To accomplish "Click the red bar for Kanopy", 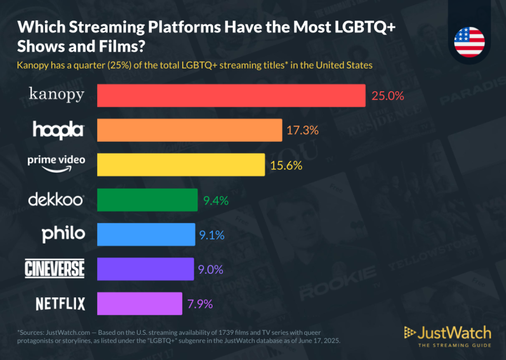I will pos(231,95).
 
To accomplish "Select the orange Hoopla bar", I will pos(190,130).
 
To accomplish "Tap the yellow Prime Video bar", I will pos(181,165).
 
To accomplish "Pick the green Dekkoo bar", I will pos(147,200).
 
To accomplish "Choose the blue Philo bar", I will pos(146,235).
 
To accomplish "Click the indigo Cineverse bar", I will pos(145,269).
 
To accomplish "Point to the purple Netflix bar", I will pos(140,304).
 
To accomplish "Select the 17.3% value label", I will pos(302,131).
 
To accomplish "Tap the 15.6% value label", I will pos(286,165).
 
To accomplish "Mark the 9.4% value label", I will pos(216,200).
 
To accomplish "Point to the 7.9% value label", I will pos(200,304).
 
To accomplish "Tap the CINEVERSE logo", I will pos(55,269).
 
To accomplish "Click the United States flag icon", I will pos(469,41).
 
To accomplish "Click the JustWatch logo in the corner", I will pos(447,335).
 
